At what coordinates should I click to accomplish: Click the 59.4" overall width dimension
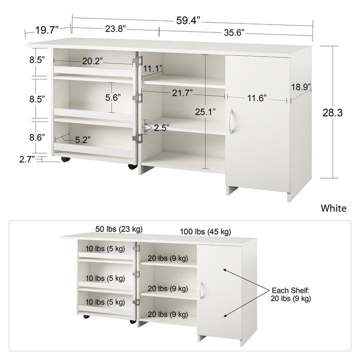pos(188,20)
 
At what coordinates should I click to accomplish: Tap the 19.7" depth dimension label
pos(47,30)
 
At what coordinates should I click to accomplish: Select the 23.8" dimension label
pos(115,29)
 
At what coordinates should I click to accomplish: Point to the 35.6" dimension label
pos(234,32)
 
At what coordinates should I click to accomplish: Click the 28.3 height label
pos(332,112)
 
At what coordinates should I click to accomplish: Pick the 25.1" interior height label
pos(205,112)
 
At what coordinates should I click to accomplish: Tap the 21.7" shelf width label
pos(182,93)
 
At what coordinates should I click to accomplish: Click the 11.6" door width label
pos(257,98)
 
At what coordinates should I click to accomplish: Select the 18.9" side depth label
pos(301,87)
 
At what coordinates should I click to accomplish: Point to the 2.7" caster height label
pos(27,159)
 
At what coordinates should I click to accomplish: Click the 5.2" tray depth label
pos(82,140)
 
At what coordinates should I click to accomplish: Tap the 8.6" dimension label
pos(37,137)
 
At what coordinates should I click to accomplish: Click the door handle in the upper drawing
pos(231,121)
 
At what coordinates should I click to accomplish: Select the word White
pos(333,208)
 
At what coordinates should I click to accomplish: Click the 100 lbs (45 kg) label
pos(205,231)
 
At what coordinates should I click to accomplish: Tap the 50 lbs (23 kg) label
pos(119,229)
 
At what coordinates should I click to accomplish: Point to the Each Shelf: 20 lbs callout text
pos(290,294)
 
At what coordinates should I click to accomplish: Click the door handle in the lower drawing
pos(201,290)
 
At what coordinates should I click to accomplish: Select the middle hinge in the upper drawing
pos(137,98)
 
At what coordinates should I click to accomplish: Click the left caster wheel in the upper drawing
pos(65,159)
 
